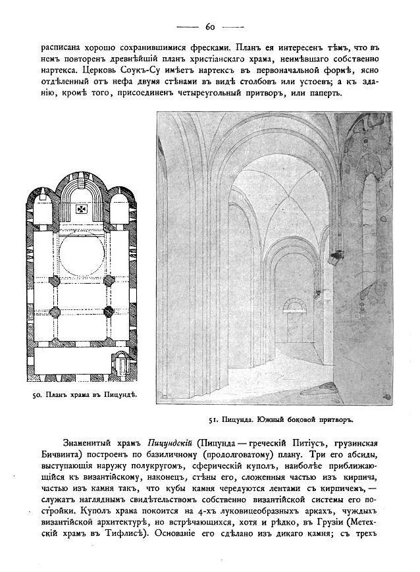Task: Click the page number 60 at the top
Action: (211, 27)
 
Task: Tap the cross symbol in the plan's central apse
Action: (82, 210)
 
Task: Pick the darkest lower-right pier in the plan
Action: (108, 309)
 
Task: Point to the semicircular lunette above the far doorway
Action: (294, 304)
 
